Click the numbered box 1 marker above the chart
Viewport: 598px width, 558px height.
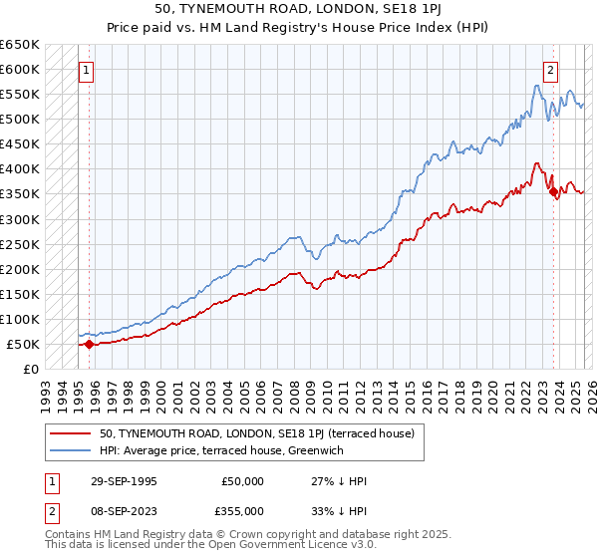88,70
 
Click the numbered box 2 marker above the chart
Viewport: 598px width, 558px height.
550,70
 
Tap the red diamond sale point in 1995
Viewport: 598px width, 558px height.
89,344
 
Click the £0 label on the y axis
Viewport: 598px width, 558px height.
32,370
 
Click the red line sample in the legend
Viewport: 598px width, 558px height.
71,433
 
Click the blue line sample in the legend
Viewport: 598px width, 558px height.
71,450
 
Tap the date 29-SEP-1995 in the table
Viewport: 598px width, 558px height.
121,481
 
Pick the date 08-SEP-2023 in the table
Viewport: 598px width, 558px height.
121,510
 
